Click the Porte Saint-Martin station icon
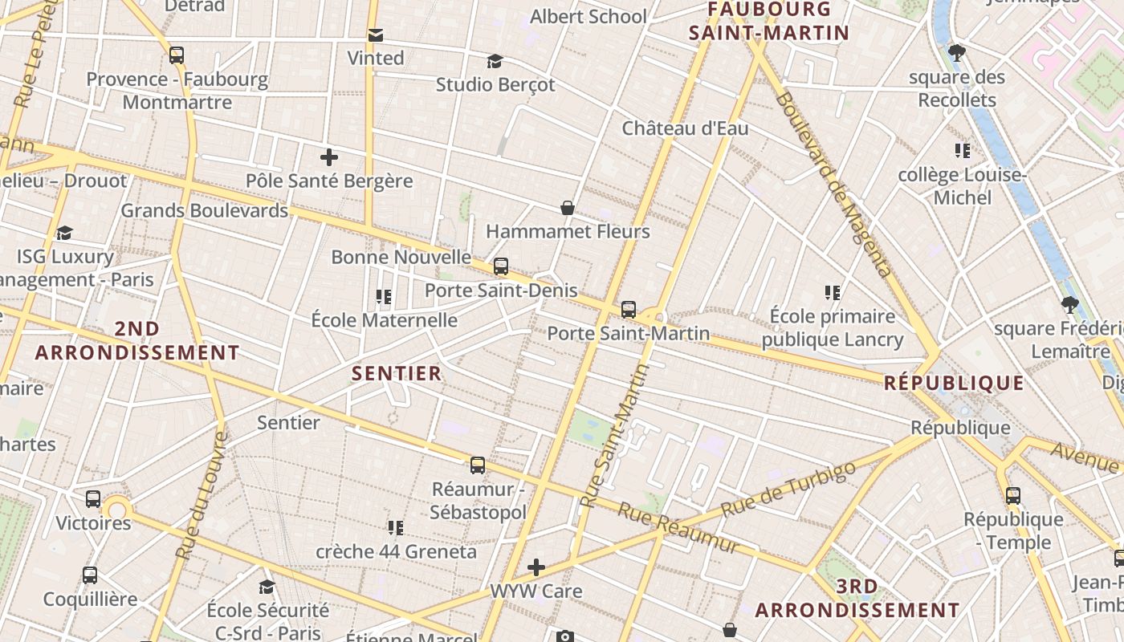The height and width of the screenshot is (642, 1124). point(629,309)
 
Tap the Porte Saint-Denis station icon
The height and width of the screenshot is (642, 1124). point(501,266)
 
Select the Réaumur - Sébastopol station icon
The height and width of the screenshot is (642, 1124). point(478,465)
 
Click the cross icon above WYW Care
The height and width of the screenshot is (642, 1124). point(536,567)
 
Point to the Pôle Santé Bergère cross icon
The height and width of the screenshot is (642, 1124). point(328,157)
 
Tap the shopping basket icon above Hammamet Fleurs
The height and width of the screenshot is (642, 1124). point(568,208)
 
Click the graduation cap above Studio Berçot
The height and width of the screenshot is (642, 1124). point(495,61)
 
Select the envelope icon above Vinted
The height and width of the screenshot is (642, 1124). point(376,35)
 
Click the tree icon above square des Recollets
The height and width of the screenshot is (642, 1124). point(956,54)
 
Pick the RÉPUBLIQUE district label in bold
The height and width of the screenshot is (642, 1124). point(954,383)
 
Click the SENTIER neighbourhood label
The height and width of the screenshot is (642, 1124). point(397,373)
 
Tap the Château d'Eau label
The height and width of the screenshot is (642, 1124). point(685,128)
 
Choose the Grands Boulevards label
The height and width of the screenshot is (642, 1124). point(204,211)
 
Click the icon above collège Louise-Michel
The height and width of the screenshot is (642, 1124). point(962,151)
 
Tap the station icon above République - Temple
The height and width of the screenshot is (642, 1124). point(1013,495)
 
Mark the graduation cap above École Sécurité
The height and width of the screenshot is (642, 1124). point(267,587)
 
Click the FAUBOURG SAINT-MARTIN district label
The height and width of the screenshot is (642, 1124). point(769,22)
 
